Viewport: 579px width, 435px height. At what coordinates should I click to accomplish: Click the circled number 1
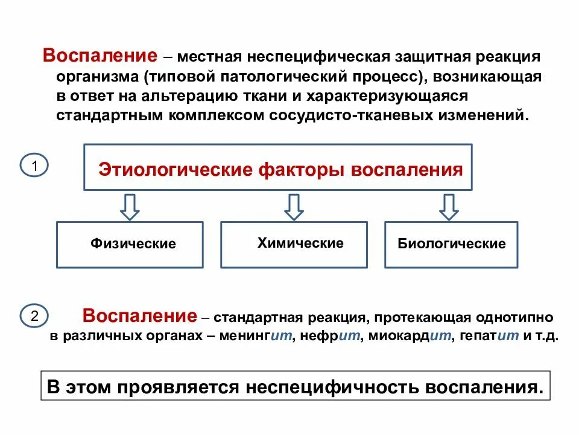coord(36,166)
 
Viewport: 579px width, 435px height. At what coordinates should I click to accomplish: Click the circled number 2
coord(34,316)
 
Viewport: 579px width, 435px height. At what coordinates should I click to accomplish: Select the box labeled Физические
coord(130,244)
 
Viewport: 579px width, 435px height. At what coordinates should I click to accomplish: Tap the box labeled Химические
coord(294,243)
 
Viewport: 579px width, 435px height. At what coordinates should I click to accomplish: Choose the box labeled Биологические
coord(451,244)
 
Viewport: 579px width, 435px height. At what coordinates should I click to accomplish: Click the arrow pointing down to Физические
coord(130,207)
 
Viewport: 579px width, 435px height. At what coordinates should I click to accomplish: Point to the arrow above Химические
coord(294,207)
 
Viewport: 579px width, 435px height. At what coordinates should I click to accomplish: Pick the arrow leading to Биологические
coord(448,207)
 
